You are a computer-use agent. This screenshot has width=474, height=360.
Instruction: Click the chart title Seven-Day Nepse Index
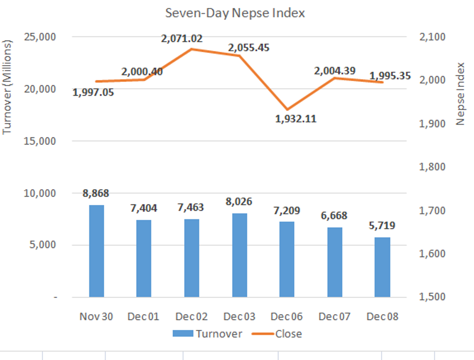tap(235, 13)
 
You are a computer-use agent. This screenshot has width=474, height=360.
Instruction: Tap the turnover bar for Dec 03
tap(239, 255)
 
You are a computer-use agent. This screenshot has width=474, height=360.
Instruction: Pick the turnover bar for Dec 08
tap(382, 267)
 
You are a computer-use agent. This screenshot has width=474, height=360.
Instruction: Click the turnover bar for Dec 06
tap(287, 259)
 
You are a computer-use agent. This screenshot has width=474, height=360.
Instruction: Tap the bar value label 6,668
tap(334, 216)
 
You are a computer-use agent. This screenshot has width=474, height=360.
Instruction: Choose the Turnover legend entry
tap(207, 334)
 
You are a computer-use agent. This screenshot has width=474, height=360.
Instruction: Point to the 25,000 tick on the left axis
tap(39, 37)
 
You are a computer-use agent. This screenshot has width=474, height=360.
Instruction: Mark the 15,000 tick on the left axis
tap(39, 141)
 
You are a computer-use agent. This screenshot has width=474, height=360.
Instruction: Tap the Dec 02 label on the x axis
tap(192, 317)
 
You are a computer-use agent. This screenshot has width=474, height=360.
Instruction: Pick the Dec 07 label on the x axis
tap(335, 317)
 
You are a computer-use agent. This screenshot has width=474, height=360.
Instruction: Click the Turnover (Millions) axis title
tap(8, 87)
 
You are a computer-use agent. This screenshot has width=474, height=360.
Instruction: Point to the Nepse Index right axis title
tap(461, 94)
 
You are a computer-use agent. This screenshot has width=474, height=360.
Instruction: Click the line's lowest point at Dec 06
tap(287, 109)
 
